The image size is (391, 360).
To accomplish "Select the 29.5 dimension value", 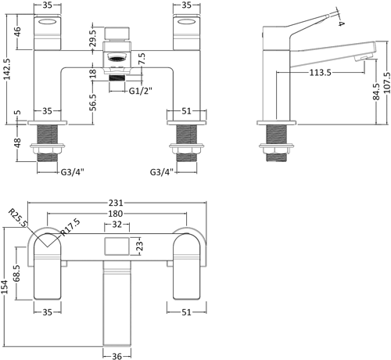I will click(x=92, y=40).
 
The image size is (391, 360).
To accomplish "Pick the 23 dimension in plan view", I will click(x=139, y=247).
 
